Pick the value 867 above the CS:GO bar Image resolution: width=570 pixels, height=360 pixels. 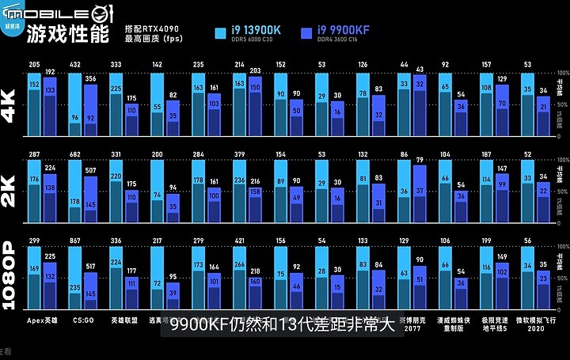(75, 241)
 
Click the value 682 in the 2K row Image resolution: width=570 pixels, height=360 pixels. (75, 154)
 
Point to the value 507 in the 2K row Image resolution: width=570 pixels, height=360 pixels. (90, 170)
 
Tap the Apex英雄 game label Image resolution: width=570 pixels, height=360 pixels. (42, 320)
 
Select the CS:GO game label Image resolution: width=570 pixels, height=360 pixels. (82, 320)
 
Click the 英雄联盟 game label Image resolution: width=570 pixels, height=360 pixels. (123, 320)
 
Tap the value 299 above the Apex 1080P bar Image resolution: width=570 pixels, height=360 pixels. (34, 241)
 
